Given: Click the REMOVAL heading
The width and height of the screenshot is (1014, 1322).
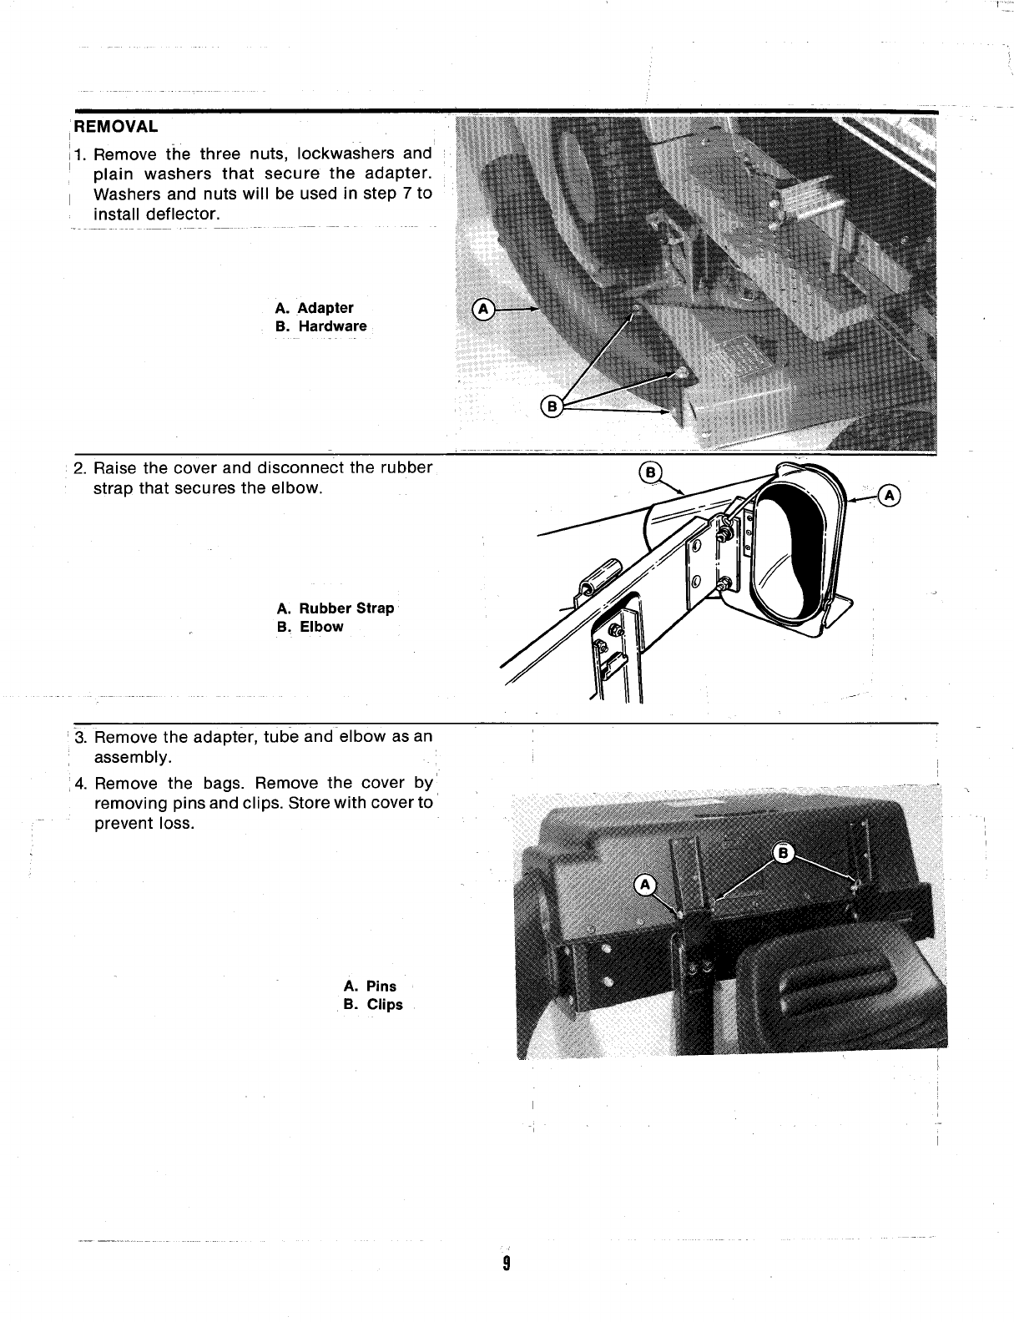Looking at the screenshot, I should tap(116, 128).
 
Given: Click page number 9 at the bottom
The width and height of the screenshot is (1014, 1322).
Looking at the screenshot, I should tap(506, 1263).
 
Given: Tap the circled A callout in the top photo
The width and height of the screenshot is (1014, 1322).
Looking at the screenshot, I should tap(483, 308).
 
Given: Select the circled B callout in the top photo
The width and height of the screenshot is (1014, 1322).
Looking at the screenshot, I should tap(552, 406).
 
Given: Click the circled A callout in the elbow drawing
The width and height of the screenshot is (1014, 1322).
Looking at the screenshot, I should tap(890, 497).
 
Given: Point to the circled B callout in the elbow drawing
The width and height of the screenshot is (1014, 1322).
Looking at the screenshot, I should tap(650, 472).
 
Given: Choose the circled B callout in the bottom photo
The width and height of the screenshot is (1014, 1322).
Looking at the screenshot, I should tap(783, 852).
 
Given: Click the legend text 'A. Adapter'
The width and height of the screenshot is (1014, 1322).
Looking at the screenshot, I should tap(314, 308).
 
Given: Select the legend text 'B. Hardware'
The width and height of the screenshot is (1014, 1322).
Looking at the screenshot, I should tap(320, 326).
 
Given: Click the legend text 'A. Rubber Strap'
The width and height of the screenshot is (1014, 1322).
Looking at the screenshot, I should tap(335, 608).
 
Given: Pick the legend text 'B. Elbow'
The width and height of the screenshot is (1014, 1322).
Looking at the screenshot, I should tap(310, 627).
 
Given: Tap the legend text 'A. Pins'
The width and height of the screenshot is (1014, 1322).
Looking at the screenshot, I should tap(370, 986).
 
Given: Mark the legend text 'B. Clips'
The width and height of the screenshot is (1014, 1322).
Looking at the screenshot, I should tap(373, 1005).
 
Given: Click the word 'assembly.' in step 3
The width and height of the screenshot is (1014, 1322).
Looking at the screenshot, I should tap(134, 758).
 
